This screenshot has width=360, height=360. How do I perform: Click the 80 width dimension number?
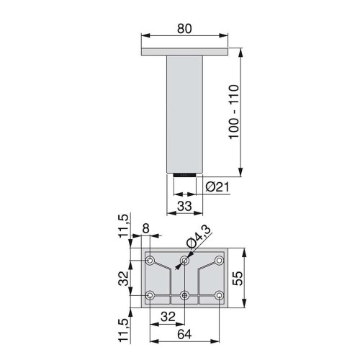(185, 30)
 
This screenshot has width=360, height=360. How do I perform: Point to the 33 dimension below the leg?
(185, 206)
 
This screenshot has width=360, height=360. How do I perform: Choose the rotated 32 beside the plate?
(123, 277)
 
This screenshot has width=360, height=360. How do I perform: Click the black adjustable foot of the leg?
(185, 174)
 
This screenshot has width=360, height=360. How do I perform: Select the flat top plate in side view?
(185, 53)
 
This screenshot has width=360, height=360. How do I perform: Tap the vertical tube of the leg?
(185, 115)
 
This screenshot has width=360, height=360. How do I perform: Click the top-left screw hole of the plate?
(150, 260)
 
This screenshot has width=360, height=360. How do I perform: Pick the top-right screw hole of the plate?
(220, 260)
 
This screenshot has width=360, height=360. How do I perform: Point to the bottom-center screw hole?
(185, 295)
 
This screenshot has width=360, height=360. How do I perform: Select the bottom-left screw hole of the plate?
(150, 295)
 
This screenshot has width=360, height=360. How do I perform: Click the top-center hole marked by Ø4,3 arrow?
(185, 260)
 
